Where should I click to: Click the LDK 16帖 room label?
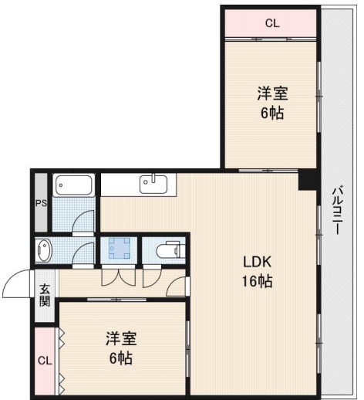click(258, 271)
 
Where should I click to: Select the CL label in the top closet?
click(271, 23)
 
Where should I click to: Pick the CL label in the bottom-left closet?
click(45, 361)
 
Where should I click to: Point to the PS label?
click(41, 204)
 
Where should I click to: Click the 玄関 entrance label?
click(44, 296)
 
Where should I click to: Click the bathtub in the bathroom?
click(74, 186)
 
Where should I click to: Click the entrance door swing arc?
click(17, 285)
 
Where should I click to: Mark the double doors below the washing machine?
click(120, 276)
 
